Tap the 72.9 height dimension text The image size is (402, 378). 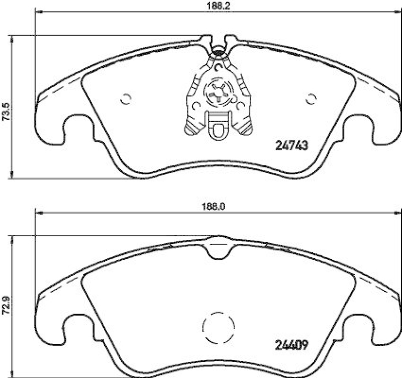coord(6,306)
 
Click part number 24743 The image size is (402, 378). coord(291,145)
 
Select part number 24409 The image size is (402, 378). coord(291,345)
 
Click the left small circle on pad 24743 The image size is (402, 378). coord(126,99)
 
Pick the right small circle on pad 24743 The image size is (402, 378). coord(311,99)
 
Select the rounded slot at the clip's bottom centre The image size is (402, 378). coord(219,131)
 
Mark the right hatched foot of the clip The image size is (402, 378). coord(245,129)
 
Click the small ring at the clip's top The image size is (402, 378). coord(219,50)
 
